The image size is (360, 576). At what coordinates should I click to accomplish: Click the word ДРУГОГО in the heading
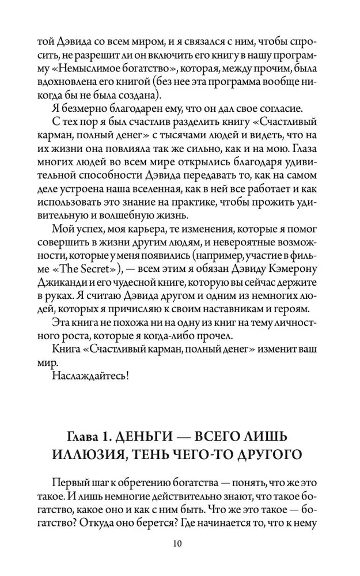pyautogui.click(x=271, y=454)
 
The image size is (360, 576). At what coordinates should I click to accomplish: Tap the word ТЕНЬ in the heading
pyautogui.click(x=168, y=454)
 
